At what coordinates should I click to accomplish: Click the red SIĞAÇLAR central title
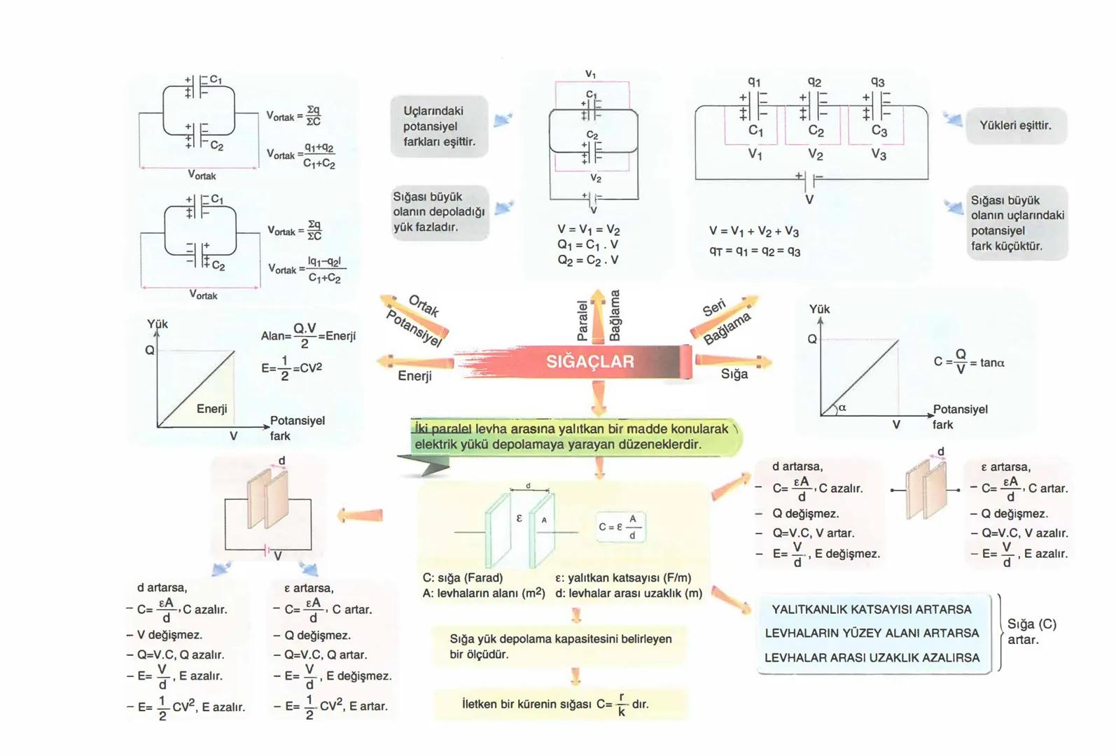590,362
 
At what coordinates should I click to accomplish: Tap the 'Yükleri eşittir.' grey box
1015,126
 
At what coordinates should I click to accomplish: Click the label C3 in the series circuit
879,131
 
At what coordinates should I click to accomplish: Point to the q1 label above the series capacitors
754,81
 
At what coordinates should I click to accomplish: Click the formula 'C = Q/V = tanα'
968,362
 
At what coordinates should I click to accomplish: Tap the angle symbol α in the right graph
842,407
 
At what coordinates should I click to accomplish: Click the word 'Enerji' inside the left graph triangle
211,409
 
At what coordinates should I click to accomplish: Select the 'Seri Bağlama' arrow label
725,321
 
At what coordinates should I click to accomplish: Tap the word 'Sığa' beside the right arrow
734,374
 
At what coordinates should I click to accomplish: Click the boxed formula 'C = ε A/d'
620,527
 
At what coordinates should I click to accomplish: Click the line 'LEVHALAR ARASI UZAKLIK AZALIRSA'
872,658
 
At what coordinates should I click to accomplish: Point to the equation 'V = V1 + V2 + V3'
753,232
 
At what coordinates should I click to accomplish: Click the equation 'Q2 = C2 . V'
587,260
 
